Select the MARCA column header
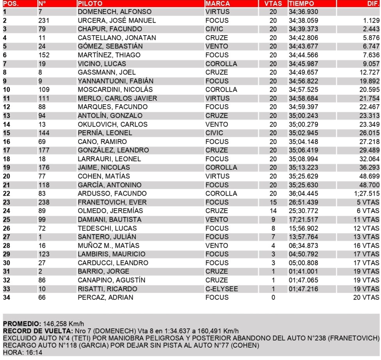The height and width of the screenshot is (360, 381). [x=217, y=4]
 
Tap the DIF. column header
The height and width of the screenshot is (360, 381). [x=371, y=4]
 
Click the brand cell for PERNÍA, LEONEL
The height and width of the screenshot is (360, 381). [x=214, y=133]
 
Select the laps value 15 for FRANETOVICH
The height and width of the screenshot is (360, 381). [x=273, y=202]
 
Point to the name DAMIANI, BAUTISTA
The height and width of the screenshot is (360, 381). [x=109, y=219]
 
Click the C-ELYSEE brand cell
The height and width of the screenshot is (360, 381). [x=221, y=289]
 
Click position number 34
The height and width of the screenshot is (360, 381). [x=7, y=298]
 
